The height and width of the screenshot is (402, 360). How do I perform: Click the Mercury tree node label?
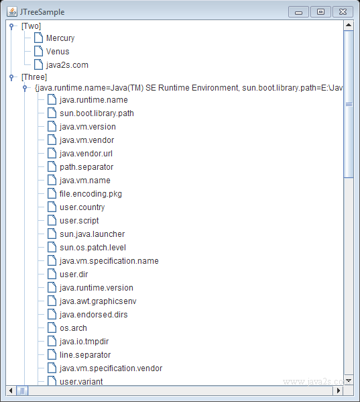pos(60,38)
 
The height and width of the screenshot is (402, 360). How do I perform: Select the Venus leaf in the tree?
pos(58,52)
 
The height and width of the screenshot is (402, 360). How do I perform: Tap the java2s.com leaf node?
pos(67,65)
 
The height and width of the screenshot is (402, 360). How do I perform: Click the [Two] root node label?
pos(31,26)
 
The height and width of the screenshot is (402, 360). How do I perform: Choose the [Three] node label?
pos(34,77)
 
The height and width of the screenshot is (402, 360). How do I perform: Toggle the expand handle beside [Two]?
pos(11,26)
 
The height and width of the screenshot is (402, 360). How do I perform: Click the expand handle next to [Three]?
pos(11,77)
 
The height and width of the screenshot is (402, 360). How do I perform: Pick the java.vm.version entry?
pos(88,127)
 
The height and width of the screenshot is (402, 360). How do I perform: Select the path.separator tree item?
pos(86,167)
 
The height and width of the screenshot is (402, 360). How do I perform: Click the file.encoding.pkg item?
pos(91,194)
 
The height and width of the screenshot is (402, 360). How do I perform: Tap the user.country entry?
pos(82,207)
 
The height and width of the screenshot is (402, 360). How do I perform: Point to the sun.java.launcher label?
pos(92,234)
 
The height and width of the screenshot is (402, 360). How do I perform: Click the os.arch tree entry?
pos(73,328)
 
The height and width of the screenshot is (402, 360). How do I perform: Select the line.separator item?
pos(85,355)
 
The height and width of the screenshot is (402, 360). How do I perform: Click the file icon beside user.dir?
pos(52,274)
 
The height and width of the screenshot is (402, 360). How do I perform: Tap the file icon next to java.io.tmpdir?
pos(52,341)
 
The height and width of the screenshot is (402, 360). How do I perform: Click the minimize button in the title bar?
pos(298,12)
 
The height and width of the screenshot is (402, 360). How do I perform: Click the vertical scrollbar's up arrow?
pos(349,25)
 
